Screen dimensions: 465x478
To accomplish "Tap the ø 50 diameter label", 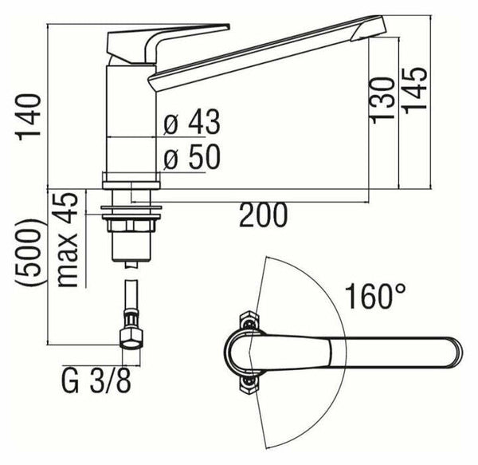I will tap(191, 158).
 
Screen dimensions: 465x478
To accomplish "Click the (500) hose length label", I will tap(30, 255).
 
